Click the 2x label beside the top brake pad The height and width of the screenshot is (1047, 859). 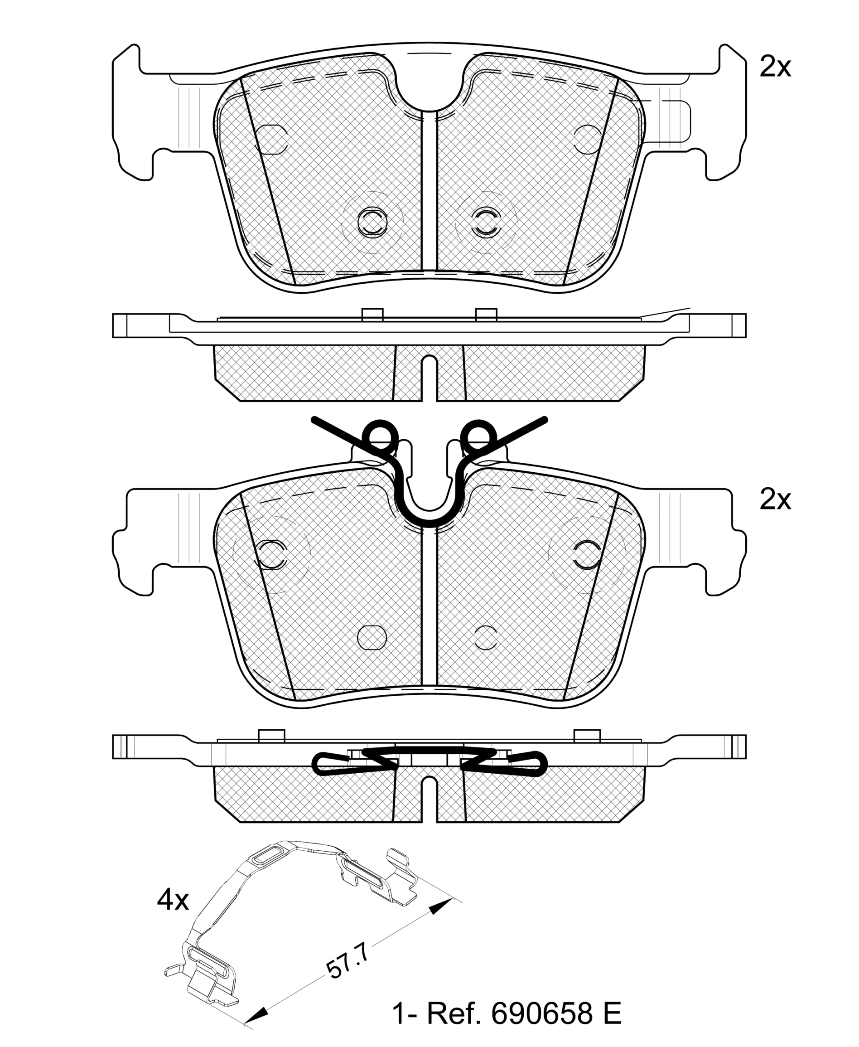(x=775, y=67)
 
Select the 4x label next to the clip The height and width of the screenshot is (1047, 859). (x=173, y=900)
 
